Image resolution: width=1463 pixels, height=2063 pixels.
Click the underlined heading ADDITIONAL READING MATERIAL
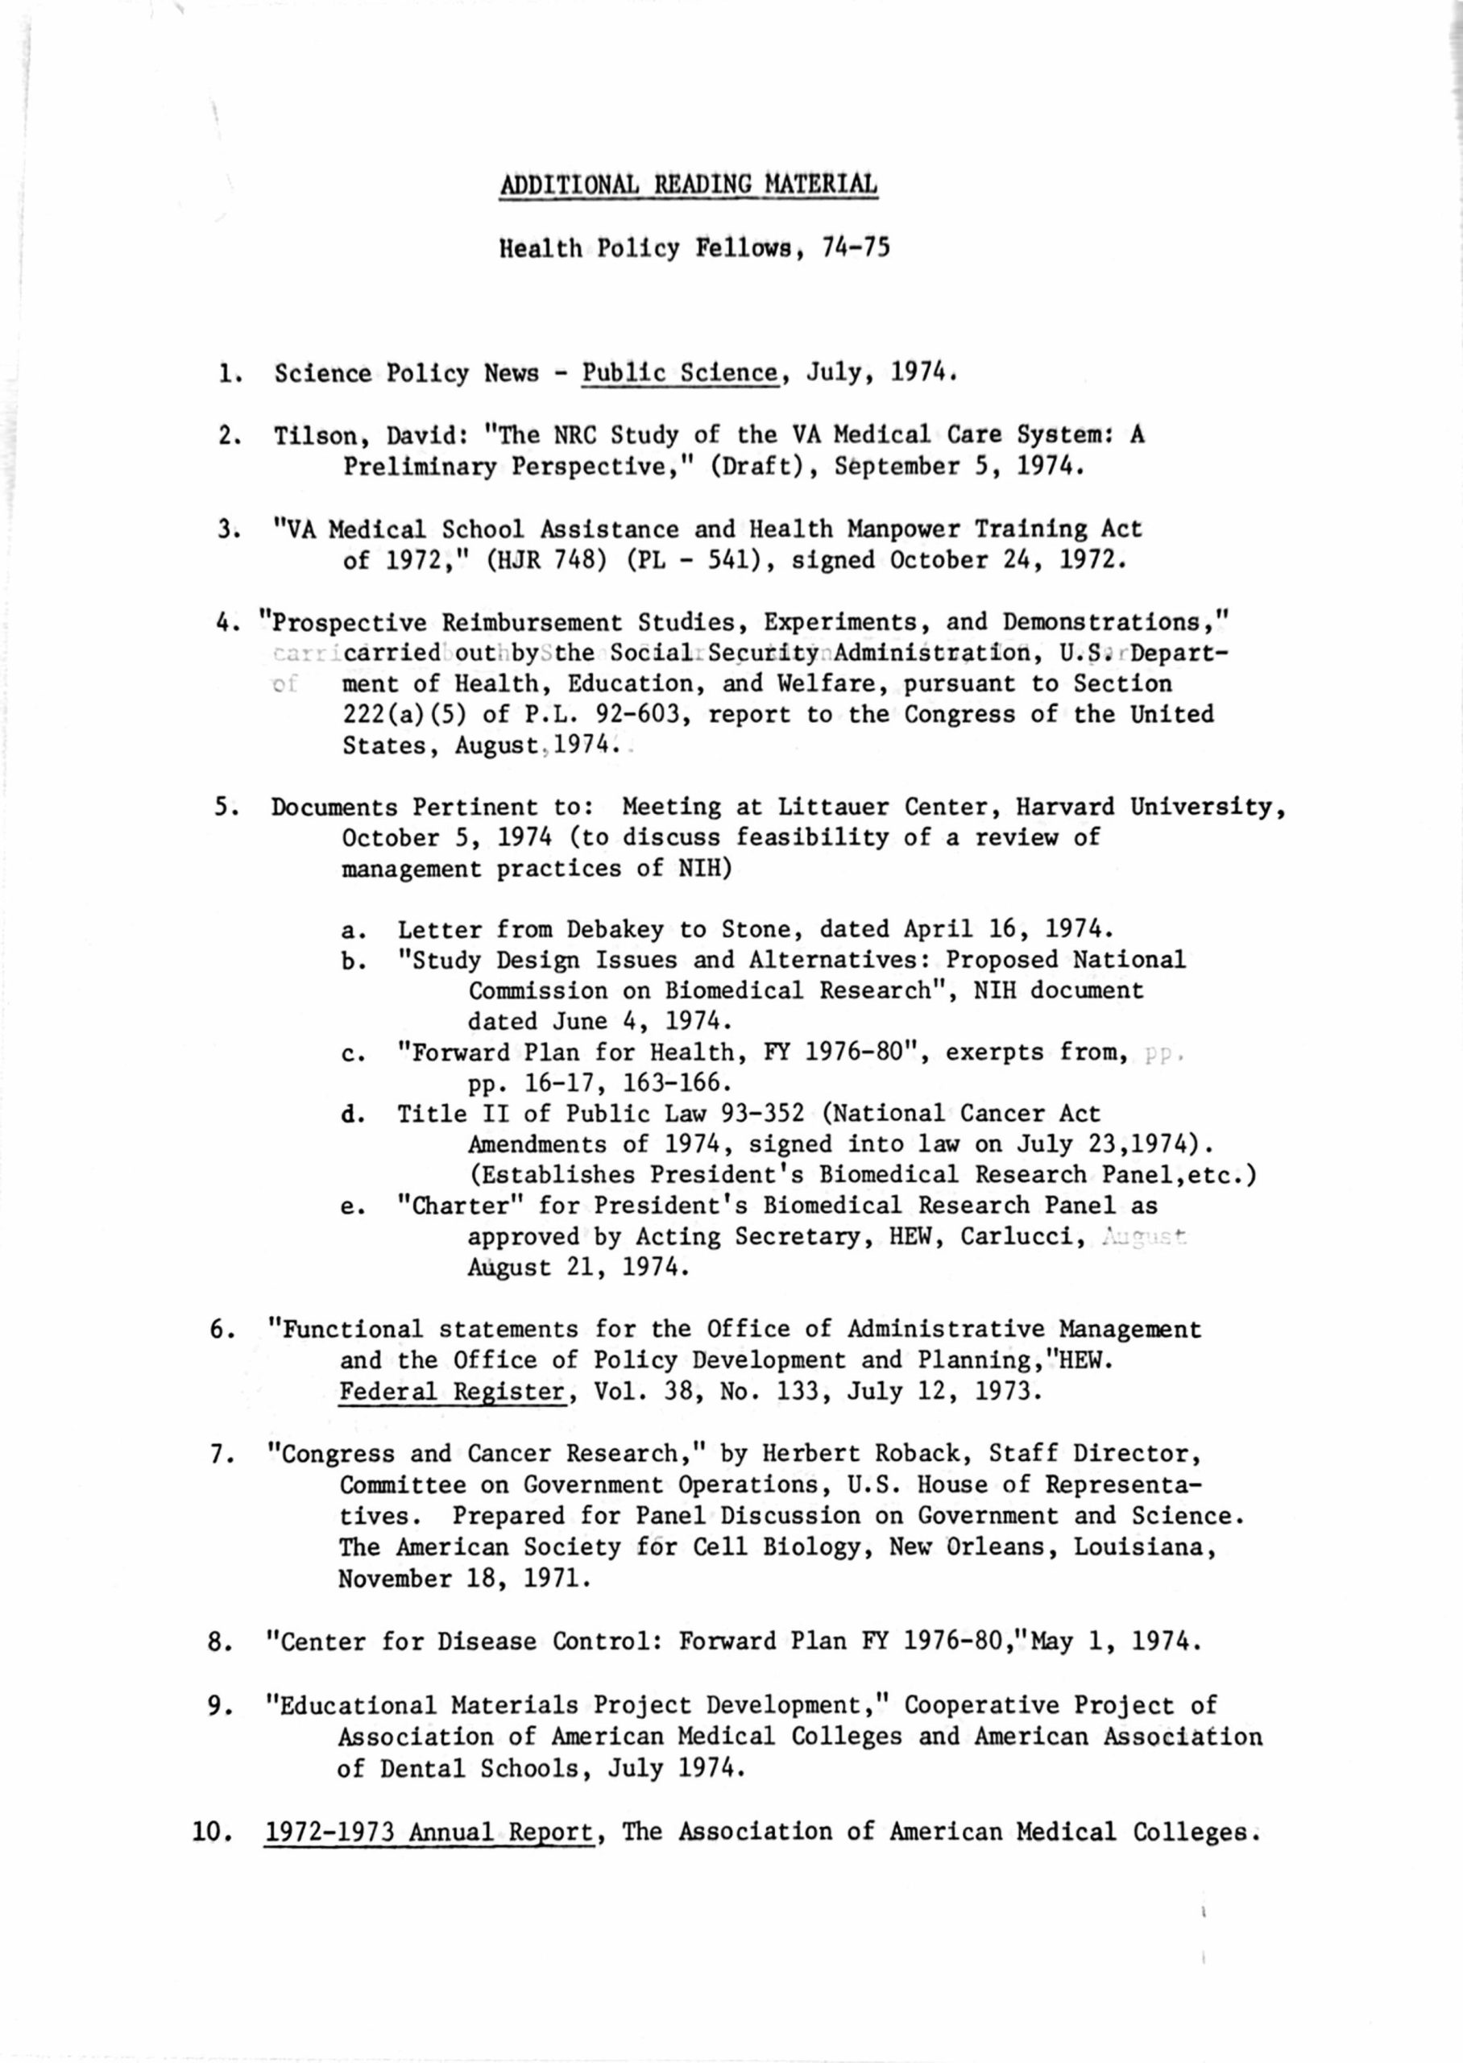click(x=688, y=184)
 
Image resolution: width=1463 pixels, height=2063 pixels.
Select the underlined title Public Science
click(x=680, y=373)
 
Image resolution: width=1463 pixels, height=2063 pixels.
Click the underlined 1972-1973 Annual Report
click(x=429, y=1832)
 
